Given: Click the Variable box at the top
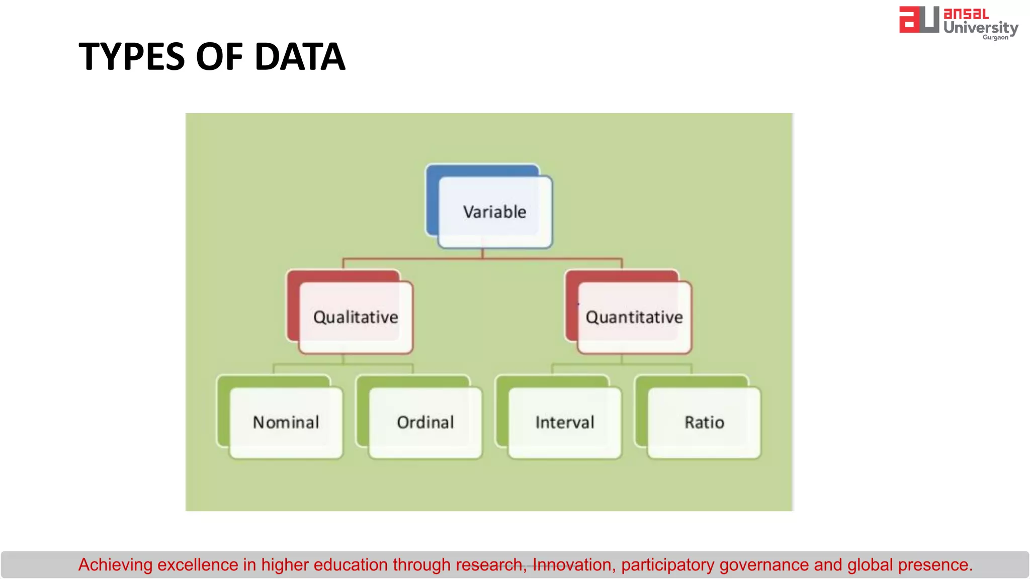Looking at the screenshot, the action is coord(495,212).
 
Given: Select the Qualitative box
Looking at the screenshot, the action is coord(356,317).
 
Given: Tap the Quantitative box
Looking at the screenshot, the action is coord(634,317).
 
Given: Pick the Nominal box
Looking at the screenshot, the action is coord(286,422).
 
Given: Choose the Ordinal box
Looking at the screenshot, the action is coord(425,422).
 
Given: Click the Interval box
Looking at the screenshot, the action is coord(564,422).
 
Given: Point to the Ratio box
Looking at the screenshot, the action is coord(704,422).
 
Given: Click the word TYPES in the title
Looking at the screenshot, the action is coord(132,56).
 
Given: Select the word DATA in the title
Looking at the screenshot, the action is coord(300,56).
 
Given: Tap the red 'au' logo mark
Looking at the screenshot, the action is coord(918,20).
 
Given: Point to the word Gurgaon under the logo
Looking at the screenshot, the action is coord(995,37).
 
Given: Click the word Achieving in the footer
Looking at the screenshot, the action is coord(115,565).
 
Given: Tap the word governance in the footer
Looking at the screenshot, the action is coord(764,565).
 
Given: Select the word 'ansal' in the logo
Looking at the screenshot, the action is coord(966,14).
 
